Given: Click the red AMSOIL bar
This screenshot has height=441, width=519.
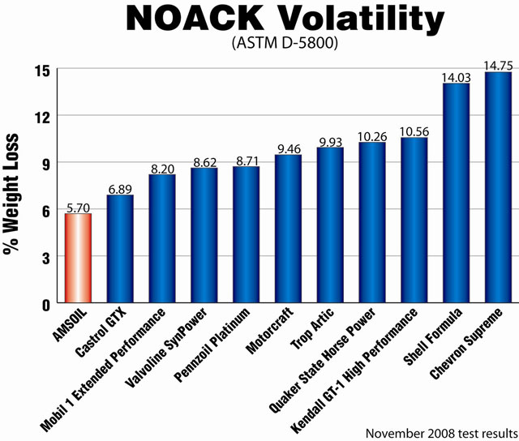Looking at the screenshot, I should tap(78, 259).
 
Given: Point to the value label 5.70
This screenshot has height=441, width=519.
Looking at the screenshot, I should tap(78, 208).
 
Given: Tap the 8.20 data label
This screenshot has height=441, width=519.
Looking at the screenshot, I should tap(162, 169).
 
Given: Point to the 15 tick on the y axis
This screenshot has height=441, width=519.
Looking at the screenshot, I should tap(40, 70).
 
